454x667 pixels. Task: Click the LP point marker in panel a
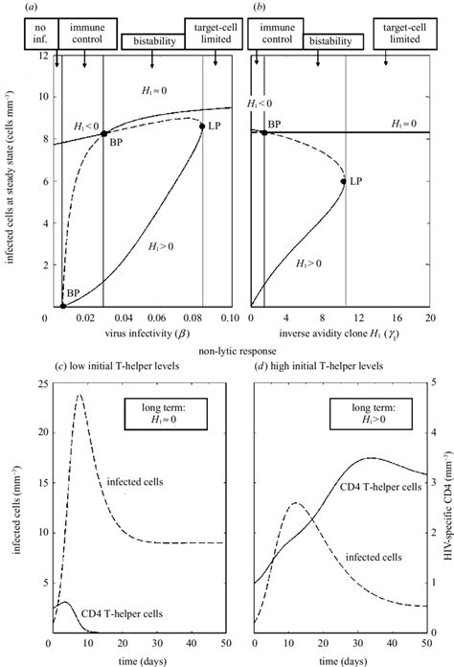(x=202, y=126)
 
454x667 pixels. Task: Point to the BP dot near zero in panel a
(x=63, y=305)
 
